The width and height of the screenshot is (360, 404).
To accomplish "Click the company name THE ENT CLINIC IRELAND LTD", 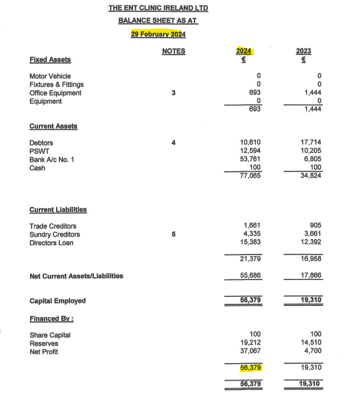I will click(158, 8).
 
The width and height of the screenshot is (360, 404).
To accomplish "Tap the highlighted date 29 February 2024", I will click(158, 34).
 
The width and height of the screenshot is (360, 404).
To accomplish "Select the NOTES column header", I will click(173, 51).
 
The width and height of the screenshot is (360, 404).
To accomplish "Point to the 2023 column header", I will click(304, 51).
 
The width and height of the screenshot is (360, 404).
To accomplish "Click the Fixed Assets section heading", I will click(50, 59).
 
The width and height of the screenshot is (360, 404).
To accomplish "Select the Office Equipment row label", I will click(55, 93).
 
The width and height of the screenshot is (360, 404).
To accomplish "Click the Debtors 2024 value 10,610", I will click(250, 143).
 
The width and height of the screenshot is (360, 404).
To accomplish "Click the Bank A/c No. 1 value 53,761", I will click(250, 160).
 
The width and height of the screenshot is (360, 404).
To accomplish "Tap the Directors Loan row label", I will click(51, 243).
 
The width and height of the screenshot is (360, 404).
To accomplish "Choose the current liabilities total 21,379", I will click(250, 259).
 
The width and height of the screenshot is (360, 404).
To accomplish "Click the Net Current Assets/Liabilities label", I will click(76, 276).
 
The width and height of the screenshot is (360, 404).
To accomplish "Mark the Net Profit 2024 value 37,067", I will click(250, 352).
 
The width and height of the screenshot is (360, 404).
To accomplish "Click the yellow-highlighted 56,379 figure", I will click(250, 367).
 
